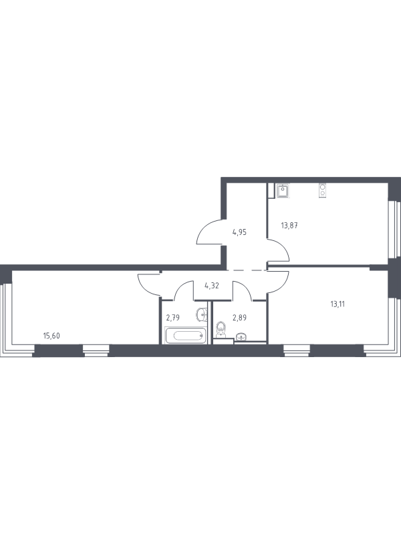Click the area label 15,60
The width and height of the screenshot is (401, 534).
pos(51,336)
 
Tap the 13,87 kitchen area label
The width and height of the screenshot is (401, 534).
pos(289,225)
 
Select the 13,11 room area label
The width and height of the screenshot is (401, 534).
pos(338,304)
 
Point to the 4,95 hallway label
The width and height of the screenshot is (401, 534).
pos(239,232)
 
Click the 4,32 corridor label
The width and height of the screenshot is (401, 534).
pos(212,286)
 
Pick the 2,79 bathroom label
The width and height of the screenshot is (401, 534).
pos(173,318)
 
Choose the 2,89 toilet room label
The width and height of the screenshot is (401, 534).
pos(239,318)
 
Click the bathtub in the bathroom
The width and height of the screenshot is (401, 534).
pos(186,336)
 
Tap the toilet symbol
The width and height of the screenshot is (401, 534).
pos(221,328)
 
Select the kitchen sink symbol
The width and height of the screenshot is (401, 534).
pos(283,190)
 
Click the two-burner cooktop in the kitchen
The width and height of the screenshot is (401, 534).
pos(323,190)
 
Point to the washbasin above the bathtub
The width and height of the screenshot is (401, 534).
pos(203,314)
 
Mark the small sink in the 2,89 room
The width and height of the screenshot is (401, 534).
pos(242,337)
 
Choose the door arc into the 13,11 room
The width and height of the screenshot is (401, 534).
pos(283,286)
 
